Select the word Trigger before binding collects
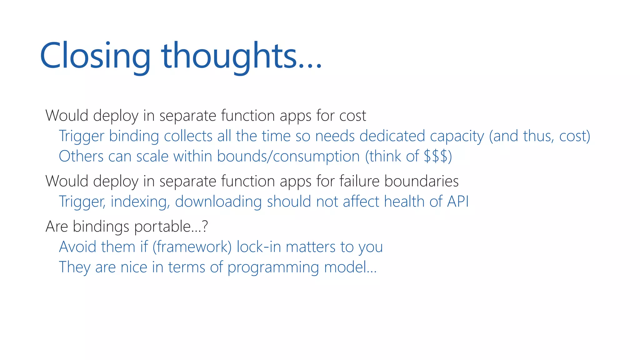81,137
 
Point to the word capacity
457,137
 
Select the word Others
81,156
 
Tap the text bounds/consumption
288,157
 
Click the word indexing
140,202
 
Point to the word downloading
218,202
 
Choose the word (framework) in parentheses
192,247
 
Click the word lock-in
259,247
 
